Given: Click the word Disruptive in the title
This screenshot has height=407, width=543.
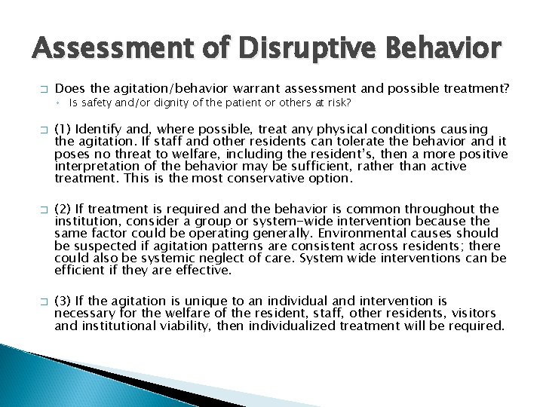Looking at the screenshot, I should (296, 49).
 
